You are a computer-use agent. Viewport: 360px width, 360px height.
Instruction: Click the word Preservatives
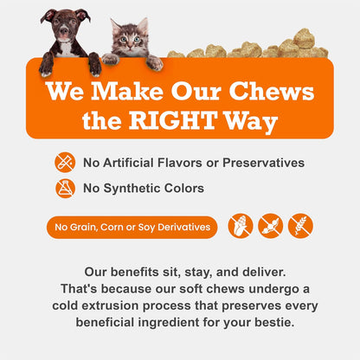263,162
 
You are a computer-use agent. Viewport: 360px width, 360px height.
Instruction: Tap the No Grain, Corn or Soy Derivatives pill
132,227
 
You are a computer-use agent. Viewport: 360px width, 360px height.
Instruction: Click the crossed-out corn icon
240,226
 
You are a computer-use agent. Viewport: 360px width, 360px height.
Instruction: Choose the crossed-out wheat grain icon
300,226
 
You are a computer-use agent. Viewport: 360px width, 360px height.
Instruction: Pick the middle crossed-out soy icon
270,226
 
